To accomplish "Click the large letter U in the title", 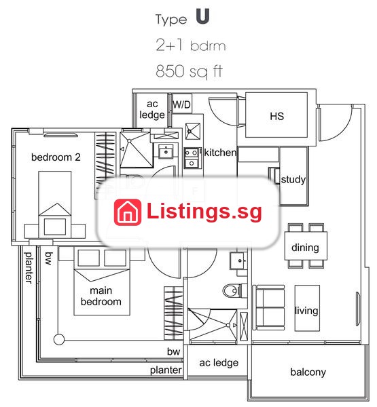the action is click(x=202, y=16).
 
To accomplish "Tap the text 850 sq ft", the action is click(x=190, y=71).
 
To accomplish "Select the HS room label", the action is click(x=277, y=116).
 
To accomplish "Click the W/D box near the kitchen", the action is click(x=182, y=104).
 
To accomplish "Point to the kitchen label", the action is click(x=221, y=153).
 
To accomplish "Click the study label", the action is click(x=293, y=180).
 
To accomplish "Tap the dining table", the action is click(x=306, y=246).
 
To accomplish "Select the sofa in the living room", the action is click(x=268, y=307).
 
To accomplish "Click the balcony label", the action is click(x=308, y=372).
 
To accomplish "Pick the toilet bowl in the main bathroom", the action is click(x=232, y=291).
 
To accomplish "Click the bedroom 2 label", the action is click(x=56, y=157).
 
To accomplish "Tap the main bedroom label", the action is click(x=101, y=296).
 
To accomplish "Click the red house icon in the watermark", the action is click(x=128, y=212).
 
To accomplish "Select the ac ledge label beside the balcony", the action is click(x=219, y=363).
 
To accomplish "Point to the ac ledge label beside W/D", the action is click(x=152, y=109).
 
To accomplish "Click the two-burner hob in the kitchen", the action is click(x=192, y=158).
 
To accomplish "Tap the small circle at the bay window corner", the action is click(x=59, y=339).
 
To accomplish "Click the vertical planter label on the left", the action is click(x=29, y=267).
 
